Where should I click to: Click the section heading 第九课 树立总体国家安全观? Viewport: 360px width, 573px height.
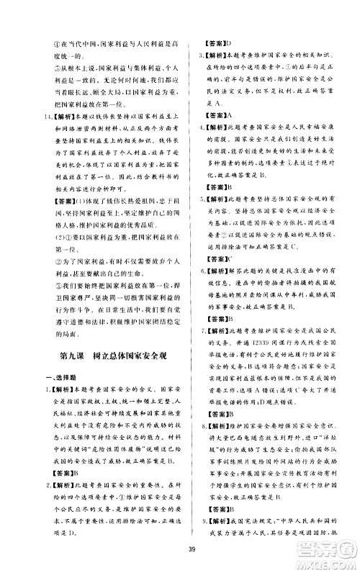click(x=107, y=354)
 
